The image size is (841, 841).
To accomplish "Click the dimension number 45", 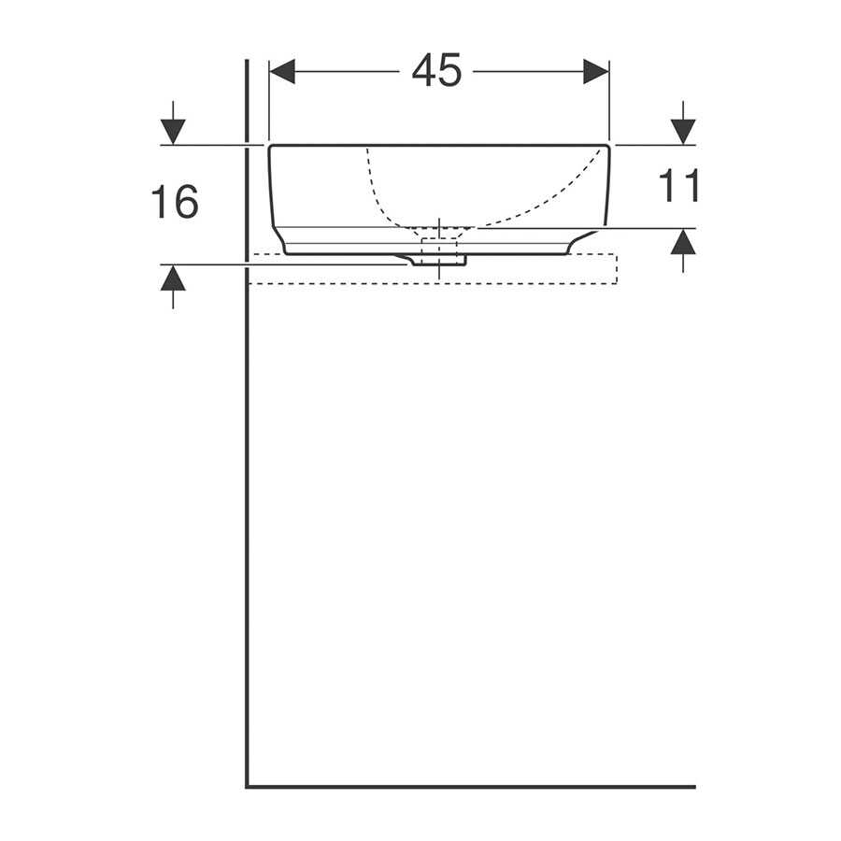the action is tap(436, 70).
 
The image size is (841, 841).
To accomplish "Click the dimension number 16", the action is tap(175, 202).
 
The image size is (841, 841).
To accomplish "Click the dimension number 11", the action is tap(678, 186).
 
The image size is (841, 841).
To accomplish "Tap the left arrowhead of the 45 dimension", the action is tap(282, 71).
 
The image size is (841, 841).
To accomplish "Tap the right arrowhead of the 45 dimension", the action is tap(596, 71).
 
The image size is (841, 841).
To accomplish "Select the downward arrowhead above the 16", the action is tap(173, 132).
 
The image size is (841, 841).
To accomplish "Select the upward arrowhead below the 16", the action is tap(173, 278).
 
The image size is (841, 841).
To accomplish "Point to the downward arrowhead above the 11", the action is tap(683, 132).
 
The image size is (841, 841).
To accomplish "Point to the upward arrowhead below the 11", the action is tap(683, 242).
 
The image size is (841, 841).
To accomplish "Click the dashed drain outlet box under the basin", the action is tap(439, 251).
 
